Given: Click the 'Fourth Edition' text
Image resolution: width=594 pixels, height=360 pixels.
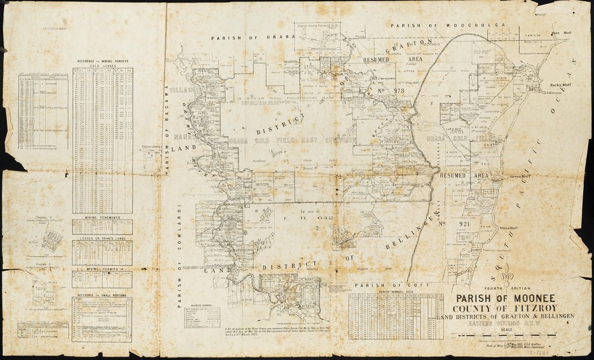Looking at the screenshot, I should [x=500, y=289].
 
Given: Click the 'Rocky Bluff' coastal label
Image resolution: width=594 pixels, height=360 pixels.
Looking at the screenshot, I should [x=560, y=85].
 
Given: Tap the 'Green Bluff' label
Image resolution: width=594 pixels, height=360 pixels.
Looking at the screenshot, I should [x=520, y=176].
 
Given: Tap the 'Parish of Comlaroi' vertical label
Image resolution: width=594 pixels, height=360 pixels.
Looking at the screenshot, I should [x=179, y=256].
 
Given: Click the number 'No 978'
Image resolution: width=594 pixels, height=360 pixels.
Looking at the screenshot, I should [x=390, y=91].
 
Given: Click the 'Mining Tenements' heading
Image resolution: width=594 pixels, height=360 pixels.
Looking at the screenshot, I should [x=102, y=219].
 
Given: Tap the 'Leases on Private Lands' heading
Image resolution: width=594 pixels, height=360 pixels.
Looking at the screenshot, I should [x=102, y=238].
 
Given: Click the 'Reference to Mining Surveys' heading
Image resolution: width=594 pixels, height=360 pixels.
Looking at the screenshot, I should [x=102, y=62].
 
